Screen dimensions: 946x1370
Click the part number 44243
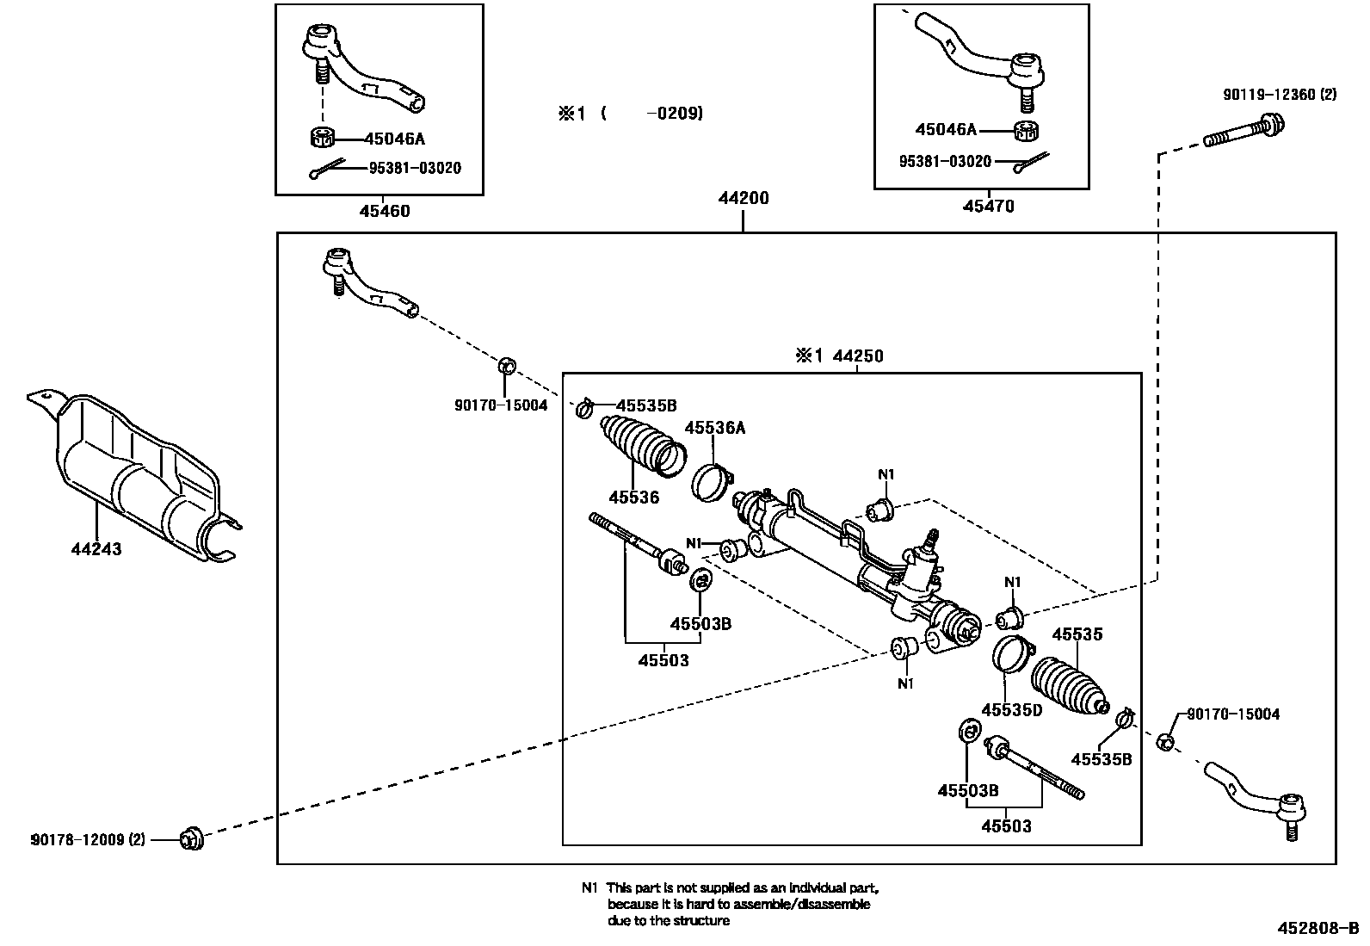tap(96, 549)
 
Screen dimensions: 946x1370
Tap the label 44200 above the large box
tap(744, 198)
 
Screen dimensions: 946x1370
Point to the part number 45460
tap(384, 211)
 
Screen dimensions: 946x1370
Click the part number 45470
tap(988, 206)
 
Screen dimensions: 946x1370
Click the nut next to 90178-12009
tap(190, 837)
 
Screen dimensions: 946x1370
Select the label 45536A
tap(714, 428)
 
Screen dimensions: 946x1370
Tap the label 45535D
tap(1011, 709)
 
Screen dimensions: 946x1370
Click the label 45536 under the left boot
tap(633, 498)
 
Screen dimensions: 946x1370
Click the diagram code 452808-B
tap(1318, 928)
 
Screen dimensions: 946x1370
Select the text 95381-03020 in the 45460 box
tap(415, 168)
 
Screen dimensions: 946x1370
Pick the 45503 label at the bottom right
tap(1006, 826)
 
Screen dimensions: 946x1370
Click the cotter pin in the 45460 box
tap(327, 170)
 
